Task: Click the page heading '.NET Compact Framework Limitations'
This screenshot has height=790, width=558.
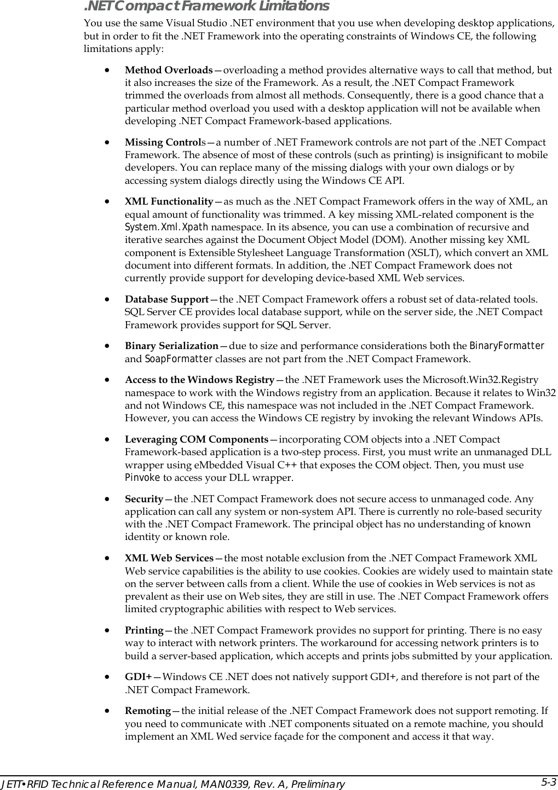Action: [x=206, y=7]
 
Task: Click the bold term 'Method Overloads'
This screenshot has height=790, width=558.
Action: [x=169, y=71]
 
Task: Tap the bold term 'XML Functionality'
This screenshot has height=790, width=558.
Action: [x=169, y=202]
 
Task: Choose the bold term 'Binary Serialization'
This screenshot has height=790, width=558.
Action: [x=171, y=346]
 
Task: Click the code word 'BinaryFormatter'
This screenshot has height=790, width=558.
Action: [x=507, y=346]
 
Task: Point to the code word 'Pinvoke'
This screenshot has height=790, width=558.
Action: [x=142, y=478]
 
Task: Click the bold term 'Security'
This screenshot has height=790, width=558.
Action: [x=144, y=499]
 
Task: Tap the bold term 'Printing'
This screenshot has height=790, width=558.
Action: [x=144, y=631]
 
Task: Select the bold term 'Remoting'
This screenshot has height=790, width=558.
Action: [x=148, y=711]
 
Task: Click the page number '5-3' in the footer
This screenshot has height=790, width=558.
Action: [x=549, y=782]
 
